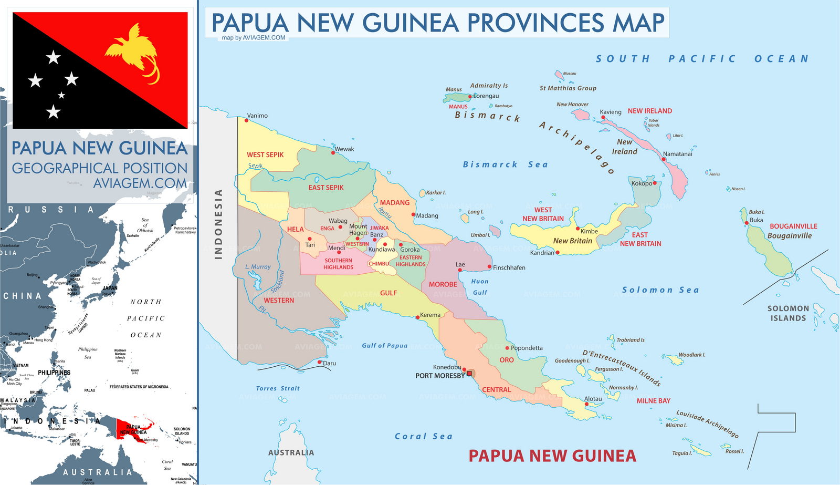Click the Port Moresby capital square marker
[470, 374]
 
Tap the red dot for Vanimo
[246, 120]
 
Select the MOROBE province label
[443, 284]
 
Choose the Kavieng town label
[611, 112]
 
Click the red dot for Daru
[320, 362]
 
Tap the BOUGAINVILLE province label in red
[793, 226]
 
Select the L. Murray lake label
[258, 267]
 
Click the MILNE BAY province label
[653, 401]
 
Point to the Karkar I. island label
[436, 193]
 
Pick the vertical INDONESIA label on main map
[218, 224]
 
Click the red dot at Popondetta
[507, 348]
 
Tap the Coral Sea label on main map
[423, 436]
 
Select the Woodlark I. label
[691, 355]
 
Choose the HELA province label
[295, 229]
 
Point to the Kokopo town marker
[655, 183]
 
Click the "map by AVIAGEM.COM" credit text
[253, 38]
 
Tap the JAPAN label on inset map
[110, 288]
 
